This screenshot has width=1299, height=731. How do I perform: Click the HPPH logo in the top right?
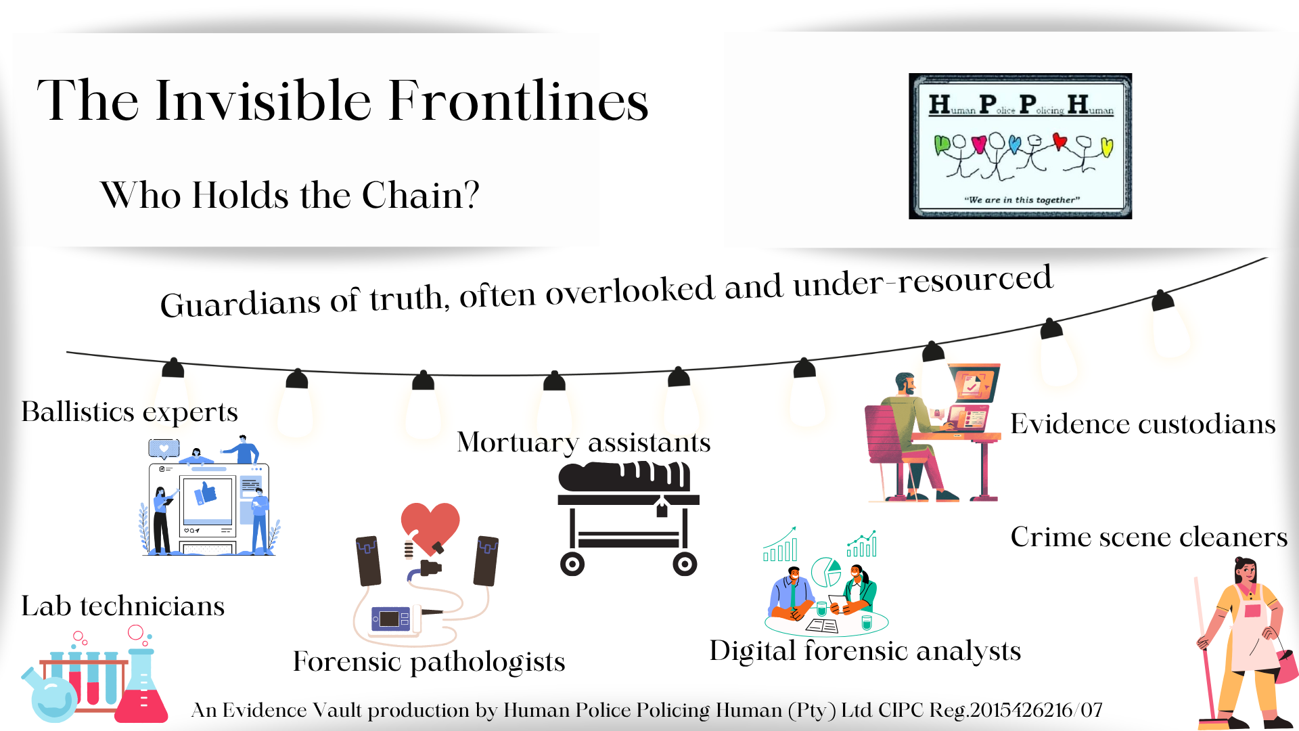tap(1020, 146)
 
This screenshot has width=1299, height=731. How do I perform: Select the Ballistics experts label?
tap(129, 412)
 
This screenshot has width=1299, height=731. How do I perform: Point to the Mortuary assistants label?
tap(584, 443)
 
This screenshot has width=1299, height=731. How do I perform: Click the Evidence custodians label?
tap(1143, 424)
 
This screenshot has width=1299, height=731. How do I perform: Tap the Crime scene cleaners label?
tap(1149, 537)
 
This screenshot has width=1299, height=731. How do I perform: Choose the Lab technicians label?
tap(122, 606)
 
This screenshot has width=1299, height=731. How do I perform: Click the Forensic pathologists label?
tap(429, 661)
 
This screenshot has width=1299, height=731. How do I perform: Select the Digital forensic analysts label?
tap(865, 651)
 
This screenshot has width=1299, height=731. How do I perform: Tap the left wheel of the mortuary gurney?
tap(572, 563)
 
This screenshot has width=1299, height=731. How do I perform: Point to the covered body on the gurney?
tap(624, 476)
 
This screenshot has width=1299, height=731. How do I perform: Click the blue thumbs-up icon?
tap(206, 493)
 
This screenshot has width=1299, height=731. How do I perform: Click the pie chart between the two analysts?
tap(825, 572)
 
